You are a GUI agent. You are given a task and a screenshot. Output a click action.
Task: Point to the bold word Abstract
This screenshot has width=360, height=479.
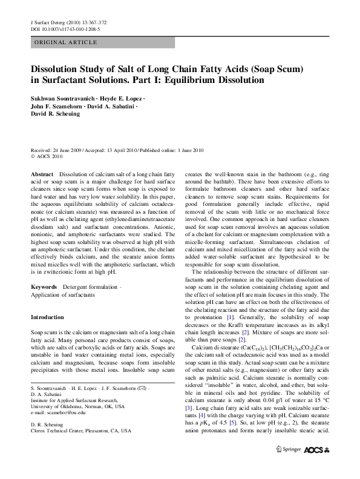[x=42, y=174]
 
